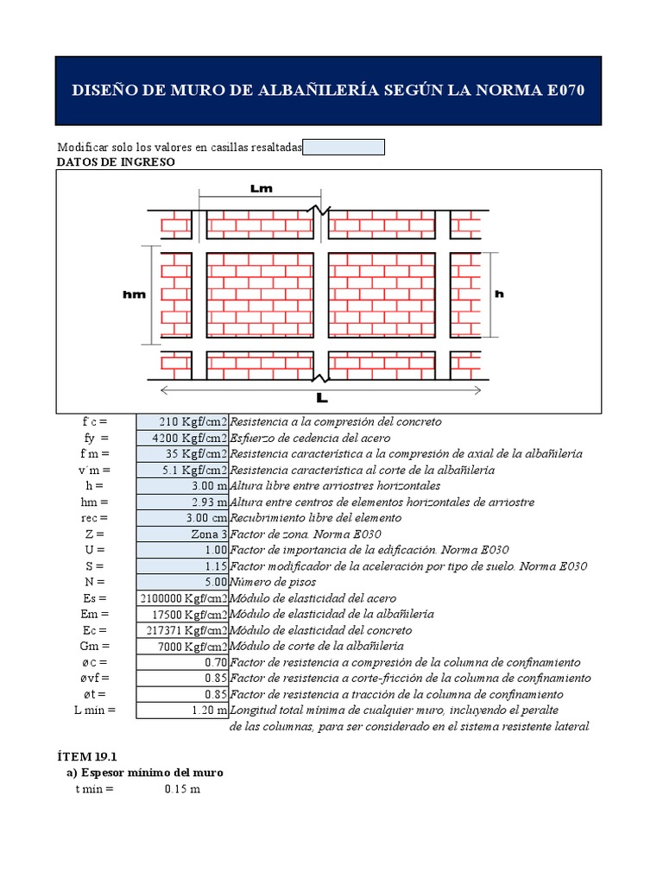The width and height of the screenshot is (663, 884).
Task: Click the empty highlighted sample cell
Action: click(x=344, y=148)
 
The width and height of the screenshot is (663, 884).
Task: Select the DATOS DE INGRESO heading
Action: click(x=116, y=161)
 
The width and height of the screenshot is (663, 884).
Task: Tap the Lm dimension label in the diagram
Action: click(x=261, y=189)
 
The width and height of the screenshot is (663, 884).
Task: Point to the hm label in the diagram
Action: click(x=134, y=294)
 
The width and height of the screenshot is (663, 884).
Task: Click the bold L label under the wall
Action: click(x=322, y=399)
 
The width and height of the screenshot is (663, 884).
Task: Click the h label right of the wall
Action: click(x=498, y=294)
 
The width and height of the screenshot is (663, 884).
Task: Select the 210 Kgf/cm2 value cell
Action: click(x=182, y=422)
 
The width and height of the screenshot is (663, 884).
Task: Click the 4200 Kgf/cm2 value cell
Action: click(x=182, y=439)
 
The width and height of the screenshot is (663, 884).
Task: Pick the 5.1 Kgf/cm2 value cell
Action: click(x=182, y=470)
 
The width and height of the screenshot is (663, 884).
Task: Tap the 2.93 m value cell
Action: click(x=182, y=502)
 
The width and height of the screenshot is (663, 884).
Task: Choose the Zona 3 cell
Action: click(x=182, y=534)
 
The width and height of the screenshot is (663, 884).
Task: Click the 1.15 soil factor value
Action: click(x=182, y=566)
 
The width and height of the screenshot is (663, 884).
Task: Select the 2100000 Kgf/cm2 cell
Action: click(x=182, y=598)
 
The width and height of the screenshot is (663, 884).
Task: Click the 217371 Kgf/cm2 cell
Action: click(x=182, y=630)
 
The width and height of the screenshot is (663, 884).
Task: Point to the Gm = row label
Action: click(x=93, y=647)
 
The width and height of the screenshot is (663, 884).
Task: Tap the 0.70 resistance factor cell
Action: click(x=182, y=662)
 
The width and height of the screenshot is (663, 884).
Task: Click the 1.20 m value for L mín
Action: click(x=182, y=710)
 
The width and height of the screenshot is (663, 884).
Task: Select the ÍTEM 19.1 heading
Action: click(x=86, y=755)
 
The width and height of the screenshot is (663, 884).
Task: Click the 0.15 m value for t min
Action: click(x=182, y=790)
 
